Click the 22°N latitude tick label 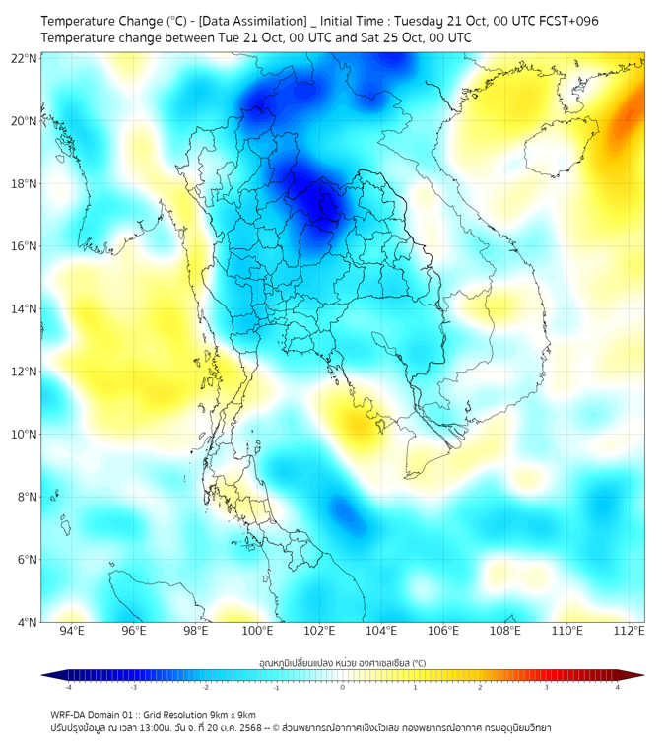(25, 59)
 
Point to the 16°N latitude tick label (25, 246)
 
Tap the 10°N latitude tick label (25, 435)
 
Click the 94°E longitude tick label (72, 631)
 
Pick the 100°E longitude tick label (258, 631)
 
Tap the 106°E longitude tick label (443, 631)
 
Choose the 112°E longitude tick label (630, 631)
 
